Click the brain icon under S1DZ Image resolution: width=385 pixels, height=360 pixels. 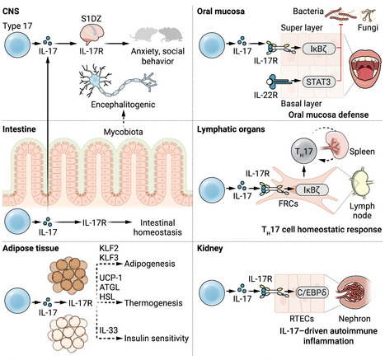tap(92, 35)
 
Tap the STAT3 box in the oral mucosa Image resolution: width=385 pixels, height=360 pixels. tap(318, 82)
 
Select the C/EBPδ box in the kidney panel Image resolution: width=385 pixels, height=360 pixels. tap(312, 292)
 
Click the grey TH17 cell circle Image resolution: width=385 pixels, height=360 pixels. tap(304, 151)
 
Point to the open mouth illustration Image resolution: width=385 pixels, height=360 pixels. tap(365, 70)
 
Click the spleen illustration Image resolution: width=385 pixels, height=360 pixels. tap(336, 144)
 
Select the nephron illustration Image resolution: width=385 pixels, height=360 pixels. tap(355, 293)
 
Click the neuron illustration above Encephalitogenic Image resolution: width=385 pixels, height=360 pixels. tap(118, 81)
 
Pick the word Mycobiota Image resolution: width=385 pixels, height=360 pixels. tap(123, 132)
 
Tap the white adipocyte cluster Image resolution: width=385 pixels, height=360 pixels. tap(68, 333)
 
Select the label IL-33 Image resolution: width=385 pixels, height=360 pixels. tap(109, 330)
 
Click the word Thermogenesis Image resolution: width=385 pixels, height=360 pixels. tap(153, 303)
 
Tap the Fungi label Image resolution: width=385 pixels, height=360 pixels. tap(368, 28)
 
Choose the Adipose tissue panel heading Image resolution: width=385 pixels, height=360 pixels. tap(31, 248)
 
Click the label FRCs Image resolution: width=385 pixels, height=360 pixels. tap(288, 203)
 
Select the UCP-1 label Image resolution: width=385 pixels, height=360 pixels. tap(110, 278)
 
